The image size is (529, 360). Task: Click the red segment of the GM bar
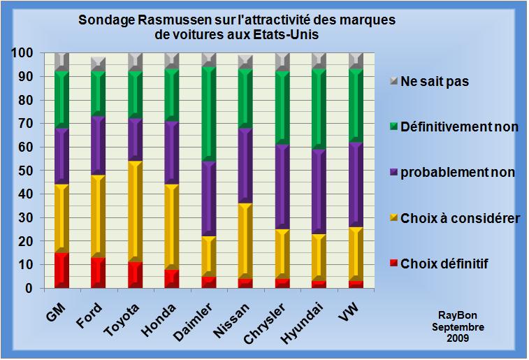tap(61, 271)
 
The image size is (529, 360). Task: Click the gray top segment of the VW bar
tap(355, 60)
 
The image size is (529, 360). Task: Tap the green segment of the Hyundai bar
tap(319, 108)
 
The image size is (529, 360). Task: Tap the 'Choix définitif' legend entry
tap(444, 264)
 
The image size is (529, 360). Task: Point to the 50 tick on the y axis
tap(27, 171)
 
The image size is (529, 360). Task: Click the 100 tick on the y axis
tap(23, 53)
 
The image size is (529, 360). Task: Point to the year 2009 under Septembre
tap(458, 338)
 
